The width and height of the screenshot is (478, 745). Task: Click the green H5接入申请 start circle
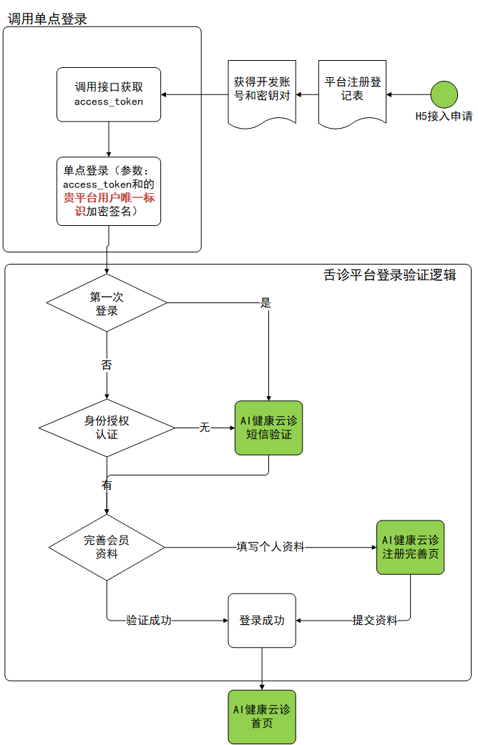(444, 94)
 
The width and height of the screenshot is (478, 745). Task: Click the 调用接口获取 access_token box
(109, 94)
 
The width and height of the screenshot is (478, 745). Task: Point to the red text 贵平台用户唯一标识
(109, 204)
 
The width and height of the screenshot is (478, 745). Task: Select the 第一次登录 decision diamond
(107, 303)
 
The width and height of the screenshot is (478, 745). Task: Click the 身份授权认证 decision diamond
(107, 428)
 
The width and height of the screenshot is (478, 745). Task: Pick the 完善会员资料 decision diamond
(107, 548)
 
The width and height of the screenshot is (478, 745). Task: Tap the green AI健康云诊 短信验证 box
(268, 428)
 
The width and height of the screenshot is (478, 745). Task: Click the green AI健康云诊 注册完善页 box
(410, 547)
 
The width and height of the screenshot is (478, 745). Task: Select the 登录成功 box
(262, 620)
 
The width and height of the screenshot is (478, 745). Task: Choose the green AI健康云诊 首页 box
(262, 716)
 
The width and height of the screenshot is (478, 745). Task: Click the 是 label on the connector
(265, 302)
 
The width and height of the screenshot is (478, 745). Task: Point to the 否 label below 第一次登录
(107, 365)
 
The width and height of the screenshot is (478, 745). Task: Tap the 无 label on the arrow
(205, 428)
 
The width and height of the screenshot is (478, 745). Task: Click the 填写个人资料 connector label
(270, 547)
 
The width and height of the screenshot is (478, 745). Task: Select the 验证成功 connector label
(149, 620)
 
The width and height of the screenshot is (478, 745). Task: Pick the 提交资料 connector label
(374, 620)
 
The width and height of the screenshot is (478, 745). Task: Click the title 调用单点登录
(47, 19)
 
